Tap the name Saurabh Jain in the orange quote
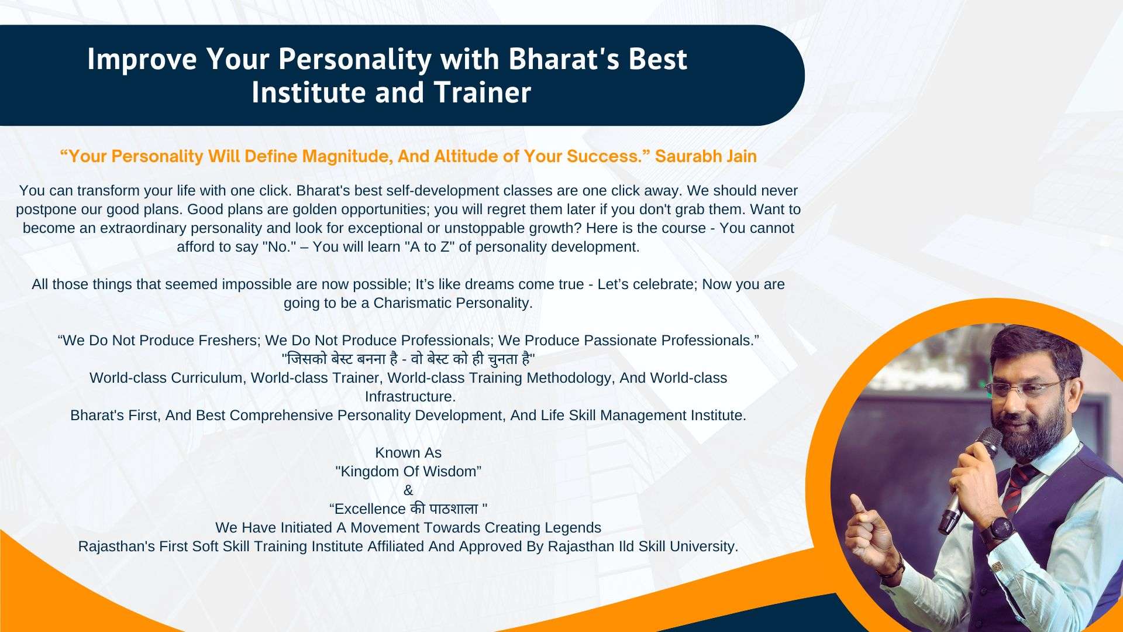point(706,156)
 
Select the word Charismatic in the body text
point(412,303)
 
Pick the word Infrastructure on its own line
point(409,397)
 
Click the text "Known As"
point(408,453)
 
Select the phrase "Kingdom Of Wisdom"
point(408,472)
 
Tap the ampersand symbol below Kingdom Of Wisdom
point(408,490)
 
